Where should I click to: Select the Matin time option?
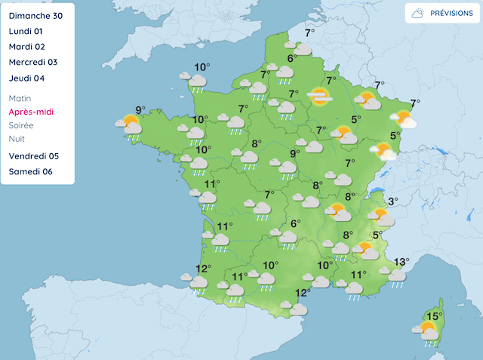point(20,98)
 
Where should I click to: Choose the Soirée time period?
point(23,125)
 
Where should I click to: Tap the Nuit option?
point(17,139)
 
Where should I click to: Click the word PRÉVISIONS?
point(451,14)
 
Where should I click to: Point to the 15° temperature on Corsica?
point(434,316)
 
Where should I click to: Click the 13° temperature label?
point(401,262)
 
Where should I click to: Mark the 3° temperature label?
point(392,202)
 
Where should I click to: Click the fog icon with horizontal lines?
point(320,97)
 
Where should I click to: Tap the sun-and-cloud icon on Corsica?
point(427,331)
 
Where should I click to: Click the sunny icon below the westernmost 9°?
point(130,125)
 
